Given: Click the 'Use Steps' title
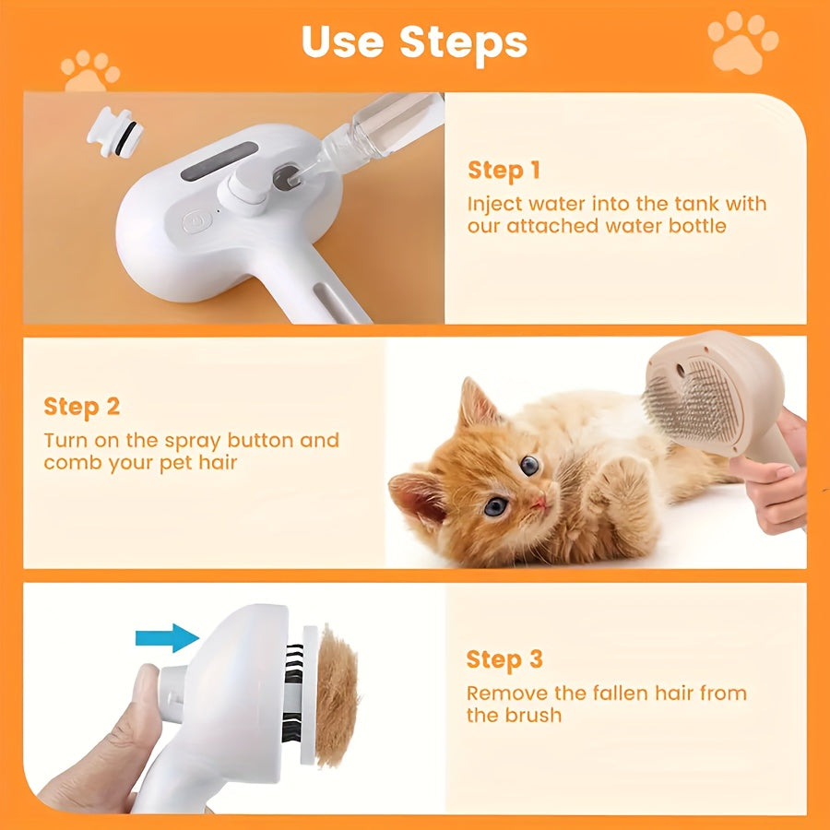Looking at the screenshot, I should click(414, 41).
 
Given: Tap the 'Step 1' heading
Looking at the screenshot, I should click(504, 170).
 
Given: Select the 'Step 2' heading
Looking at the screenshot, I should click(81, 407).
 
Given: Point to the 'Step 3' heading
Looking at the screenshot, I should click(504, 659).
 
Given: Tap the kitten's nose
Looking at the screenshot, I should click(539, 502).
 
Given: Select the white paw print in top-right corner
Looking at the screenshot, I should click(742, 41).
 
